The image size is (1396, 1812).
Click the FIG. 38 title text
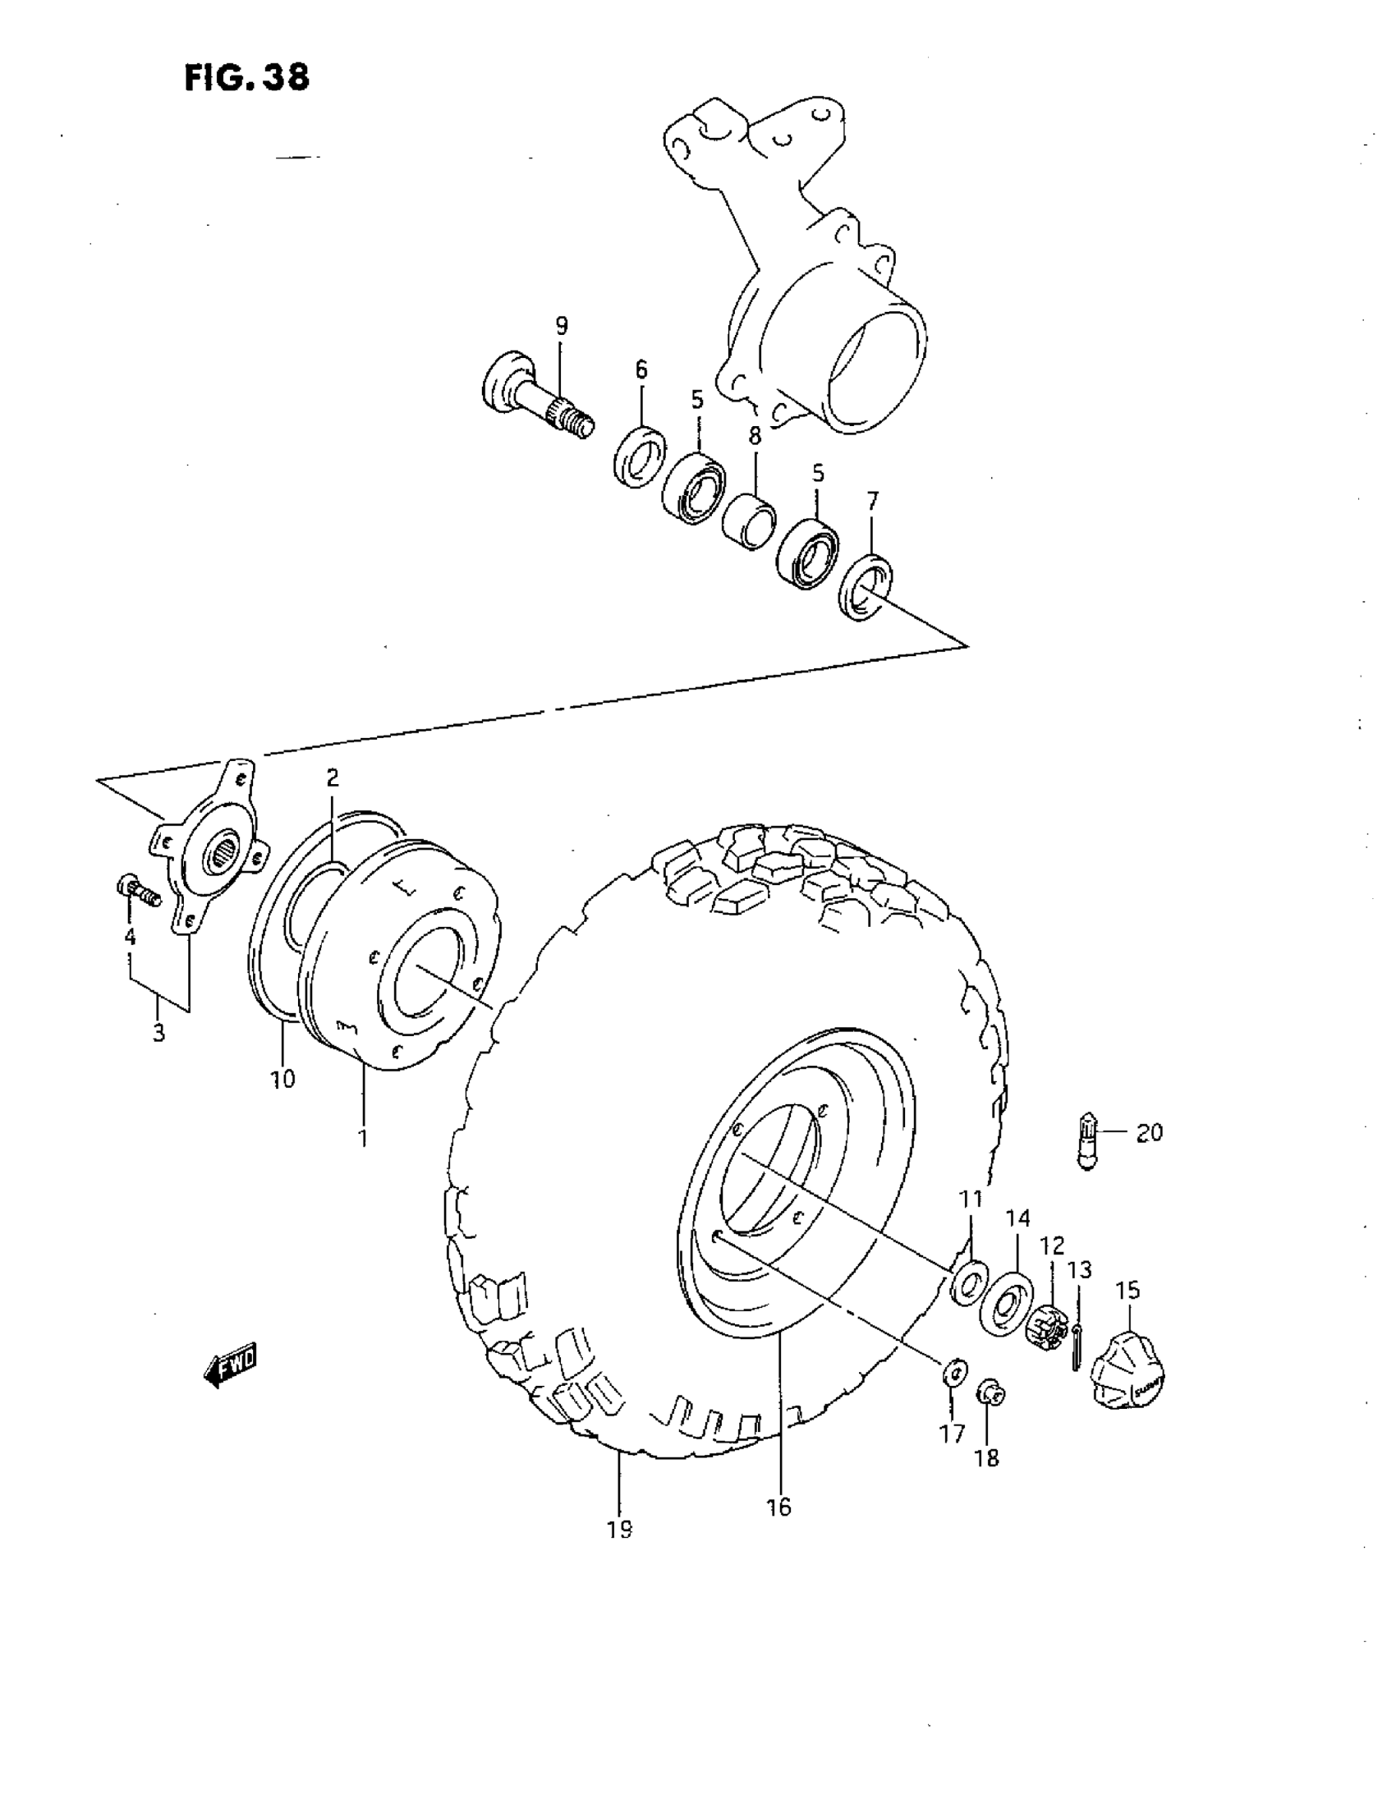[246, 77]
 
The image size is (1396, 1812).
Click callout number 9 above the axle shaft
[562, 326]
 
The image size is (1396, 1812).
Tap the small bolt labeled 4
[139, 891]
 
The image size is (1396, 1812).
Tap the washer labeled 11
[967, 1282]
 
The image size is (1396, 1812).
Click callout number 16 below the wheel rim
[778, 1507]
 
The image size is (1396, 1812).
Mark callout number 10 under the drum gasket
[282, 1079]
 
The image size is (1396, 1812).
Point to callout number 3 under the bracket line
[158, 1033]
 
